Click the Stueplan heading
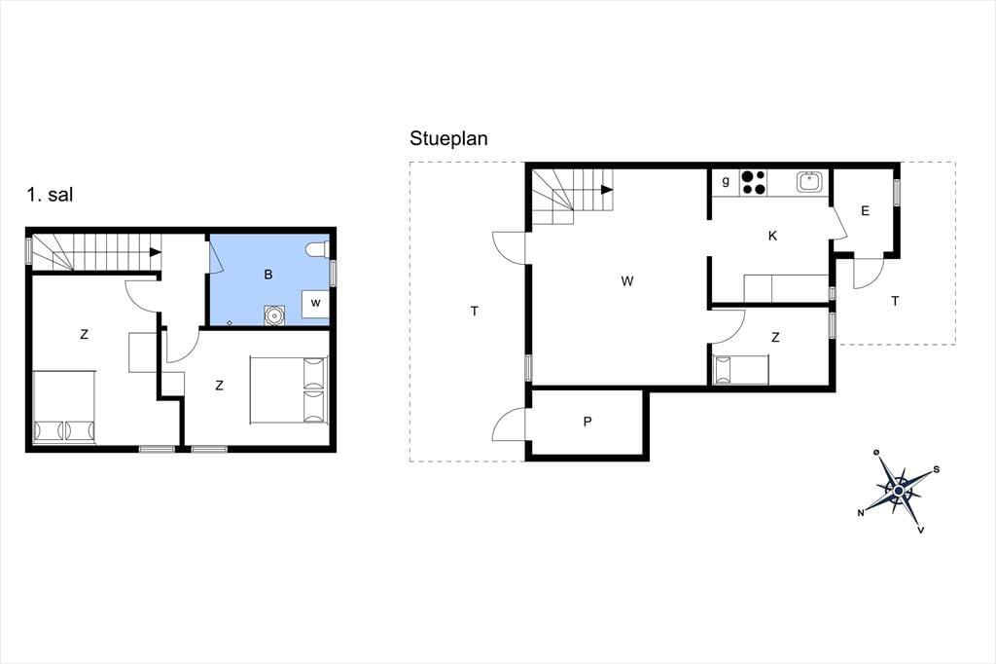448,138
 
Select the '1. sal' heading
50,194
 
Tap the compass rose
898,491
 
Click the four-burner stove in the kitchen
754,182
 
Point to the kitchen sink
810,182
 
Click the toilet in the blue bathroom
317,249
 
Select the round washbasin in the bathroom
274,315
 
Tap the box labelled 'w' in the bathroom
315,304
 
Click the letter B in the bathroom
268,275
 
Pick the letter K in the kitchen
772,236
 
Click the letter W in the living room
627,281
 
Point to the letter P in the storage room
587,421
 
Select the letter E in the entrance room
865,211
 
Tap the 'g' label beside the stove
726,181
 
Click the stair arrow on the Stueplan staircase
607,190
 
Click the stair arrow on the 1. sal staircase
155,252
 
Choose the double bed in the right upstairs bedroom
289,389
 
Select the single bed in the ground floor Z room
741,370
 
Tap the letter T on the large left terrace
475,311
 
